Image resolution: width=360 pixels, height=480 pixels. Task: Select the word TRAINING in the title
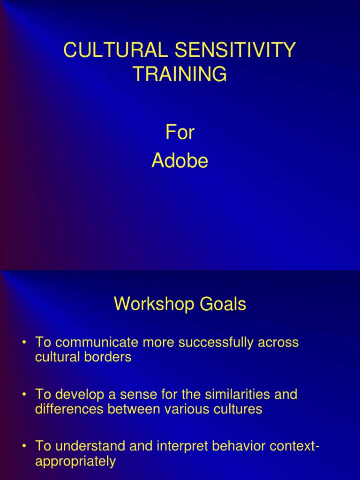[x=180, y=74]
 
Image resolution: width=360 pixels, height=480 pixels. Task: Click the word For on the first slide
[x=180, y=133]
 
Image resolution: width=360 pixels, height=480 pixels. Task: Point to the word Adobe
[x=180, y=161]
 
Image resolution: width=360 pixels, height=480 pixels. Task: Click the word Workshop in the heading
[x=148, y=305]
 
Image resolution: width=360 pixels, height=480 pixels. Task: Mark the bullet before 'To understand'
[x=24, y=447]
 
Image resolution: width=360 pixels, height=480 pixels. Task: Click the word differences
[x=69, y=409]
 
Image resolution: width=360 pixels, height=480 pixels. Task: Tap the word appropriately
[x=75, y=462]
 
